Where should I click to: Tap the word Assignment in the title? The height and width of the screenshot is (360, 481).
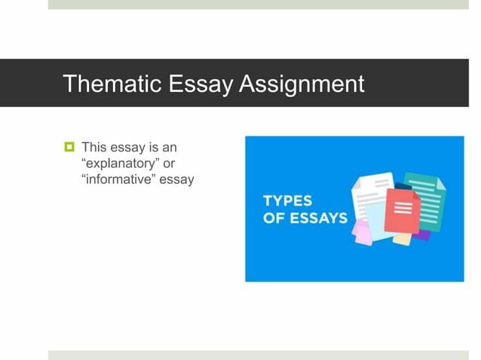302,83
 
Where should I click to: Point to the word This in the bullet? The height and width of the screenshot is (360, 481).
94,147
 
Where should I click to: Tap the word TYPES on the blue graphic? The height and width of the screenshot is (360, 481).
287,202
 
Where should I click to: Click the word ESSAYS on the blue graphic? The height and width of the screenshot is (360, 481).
316,218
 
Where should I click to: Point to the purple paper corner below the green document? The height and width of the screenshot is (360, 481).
423,235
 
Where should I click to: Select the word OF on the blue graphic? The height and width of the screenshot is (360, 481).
272,218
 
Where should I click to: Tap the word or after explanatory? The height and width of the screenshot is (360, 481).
169,163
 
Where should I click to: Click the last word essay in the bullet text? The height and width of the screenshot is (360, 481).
179,179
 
